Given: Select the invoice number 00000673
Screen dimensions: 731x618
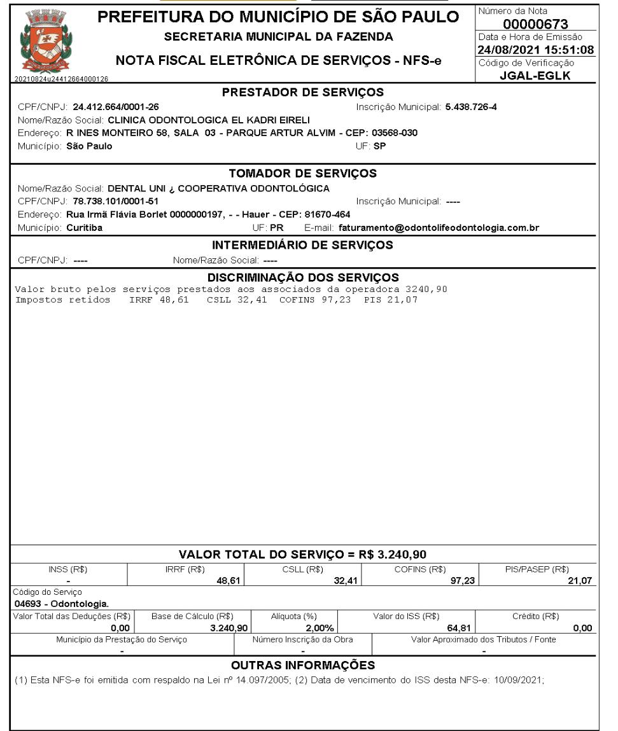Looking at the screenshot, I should point(535,25).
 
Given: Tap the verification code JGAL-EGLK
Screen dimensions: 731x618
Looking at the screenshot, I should point(535,76).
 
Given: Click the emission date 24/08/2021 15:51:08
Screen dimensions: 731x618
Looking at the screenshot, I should point(535,50).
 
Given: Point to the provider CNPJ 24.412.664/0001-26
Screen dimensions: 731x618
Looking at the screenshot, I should point(116,107).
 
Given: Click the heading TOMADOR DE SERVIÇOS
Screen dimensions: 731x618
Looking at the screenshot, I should point(303,173).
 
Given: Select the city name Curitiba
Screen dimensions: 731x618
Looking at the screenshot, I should point(85,228).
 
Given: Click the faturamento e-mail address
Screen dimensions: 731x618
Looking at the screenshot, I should point(440,228).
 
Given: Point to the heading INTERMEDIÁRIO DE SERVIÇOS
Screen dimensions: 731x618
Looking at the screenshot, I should point(303,245).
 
